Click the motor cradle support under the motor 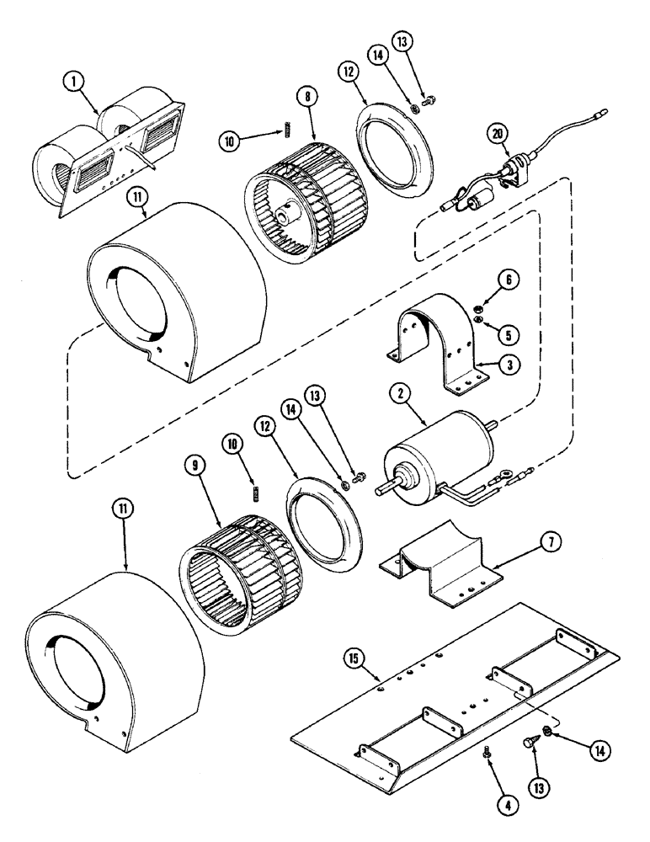(x=442, y=568)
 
